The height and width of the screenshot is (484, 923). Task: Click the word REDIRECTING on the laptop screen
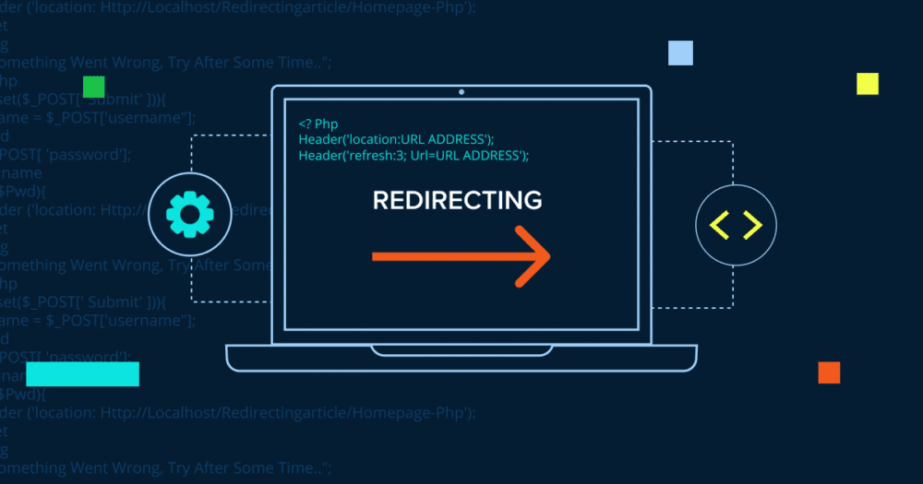(x=457, y=200)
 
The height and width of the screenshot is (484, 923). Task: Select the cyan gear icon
(x=190, y=214)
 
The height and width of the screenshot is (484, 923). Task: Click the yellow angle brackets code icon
(x=736, y=225)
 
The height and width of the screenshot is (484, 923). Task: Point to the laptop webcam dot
(x=461, y=92)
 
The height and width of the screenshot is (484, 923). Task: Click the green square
(x=93, y=87)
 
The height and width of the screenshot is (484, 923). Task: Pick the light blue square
(x=680, y=53)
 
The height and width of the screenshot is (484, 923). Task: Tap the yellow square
(x=867, y=84)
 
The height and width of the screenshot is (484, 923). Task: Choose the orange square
(x=829, y=372)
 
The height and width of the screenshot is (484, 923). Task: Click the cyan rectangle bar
(x=82, y=373)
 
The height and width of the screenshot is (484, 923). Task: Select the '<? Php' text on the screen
(x=318, y=123)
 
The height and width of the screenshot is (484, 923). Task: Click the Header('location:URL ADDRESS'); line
(x=396, y=139)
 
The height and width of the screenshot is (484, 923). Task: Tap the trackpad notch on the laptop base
(x=461, y=350)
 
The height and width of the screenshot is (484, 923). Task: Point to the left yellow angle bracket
(x=718, y=225)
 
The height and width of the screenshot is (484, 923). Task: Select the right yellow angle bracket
(x=753, y=225)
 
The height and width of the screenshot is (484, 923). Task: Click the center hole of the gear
(x=190, y=214)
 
